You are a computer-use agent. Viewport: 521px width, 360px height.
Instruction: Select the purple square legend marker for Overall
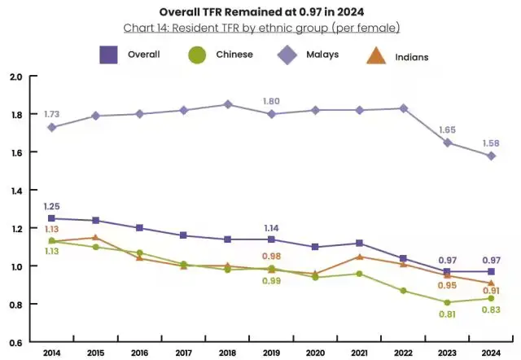pyautogui.click(x=109, y=55)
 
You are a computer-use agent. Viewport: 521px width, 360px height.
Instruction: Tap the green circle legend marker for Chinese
pyautogui.click(x=197, y=55)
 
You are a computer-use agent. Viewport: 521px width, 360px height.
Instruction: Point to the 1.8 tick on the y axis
pyautogui.click(x=15, y=114)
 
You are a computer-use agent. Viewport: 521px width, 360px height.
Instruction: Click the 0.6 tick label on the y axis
pyautogui.click(x=15, y=342)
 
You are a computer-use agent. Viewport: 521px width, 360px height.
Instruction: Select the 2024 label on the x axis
pyautogui.click(x=491, y=352)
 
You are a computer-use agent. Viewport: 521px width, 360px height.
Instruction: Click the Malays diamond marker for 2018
pyautogui.click(x=228, y=104)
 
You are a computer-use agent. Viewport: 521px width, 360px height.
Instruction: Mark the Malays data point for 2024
pyautogui.click(x=491, y=156)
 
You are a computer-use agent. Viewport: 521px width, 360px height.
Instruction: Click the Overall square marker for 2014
pyautogui.click(x=52, y=218)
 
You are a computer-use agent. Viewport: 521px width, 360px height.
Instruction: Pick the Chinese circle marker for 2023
pyautogui.click(x=447, y=302)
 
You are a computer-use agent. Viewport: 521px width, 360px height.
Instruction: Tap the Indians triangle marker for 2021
pyautogui.click(x=359, y=257)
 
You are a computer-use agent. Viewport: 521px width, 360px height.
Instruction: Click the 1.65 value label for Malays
pyautogui.click(x=447, y=130)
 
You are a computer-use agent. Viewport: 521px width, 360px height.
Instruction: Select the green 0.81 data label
pyautogui.click(x=447, y=314)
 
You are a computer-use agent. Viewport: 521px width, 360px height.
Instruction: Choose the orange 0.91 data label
pyautogui.click(x=491, y=291)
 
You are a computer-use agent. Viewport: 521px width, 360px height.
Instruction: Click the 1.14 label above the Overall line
pyautogui.click(x=272, y=227)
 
